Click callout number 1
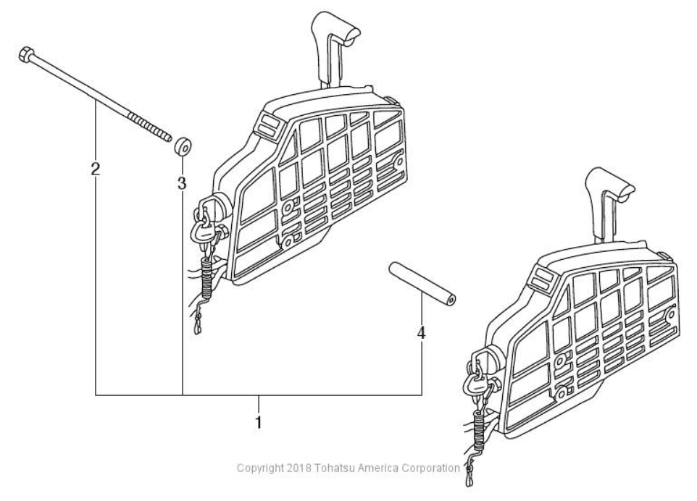(258, 422)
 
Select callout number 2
(95, 169)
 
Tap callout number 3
(182, 183)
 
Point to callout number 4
(421, 332)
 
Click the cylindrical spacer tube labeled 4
(422, 285)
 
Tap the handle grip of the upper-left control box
(335, 31)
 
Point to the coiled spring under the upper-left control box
(207, 277)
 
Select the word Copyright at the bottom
(260, 468)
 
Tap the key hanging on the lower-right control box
(475, 382)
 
